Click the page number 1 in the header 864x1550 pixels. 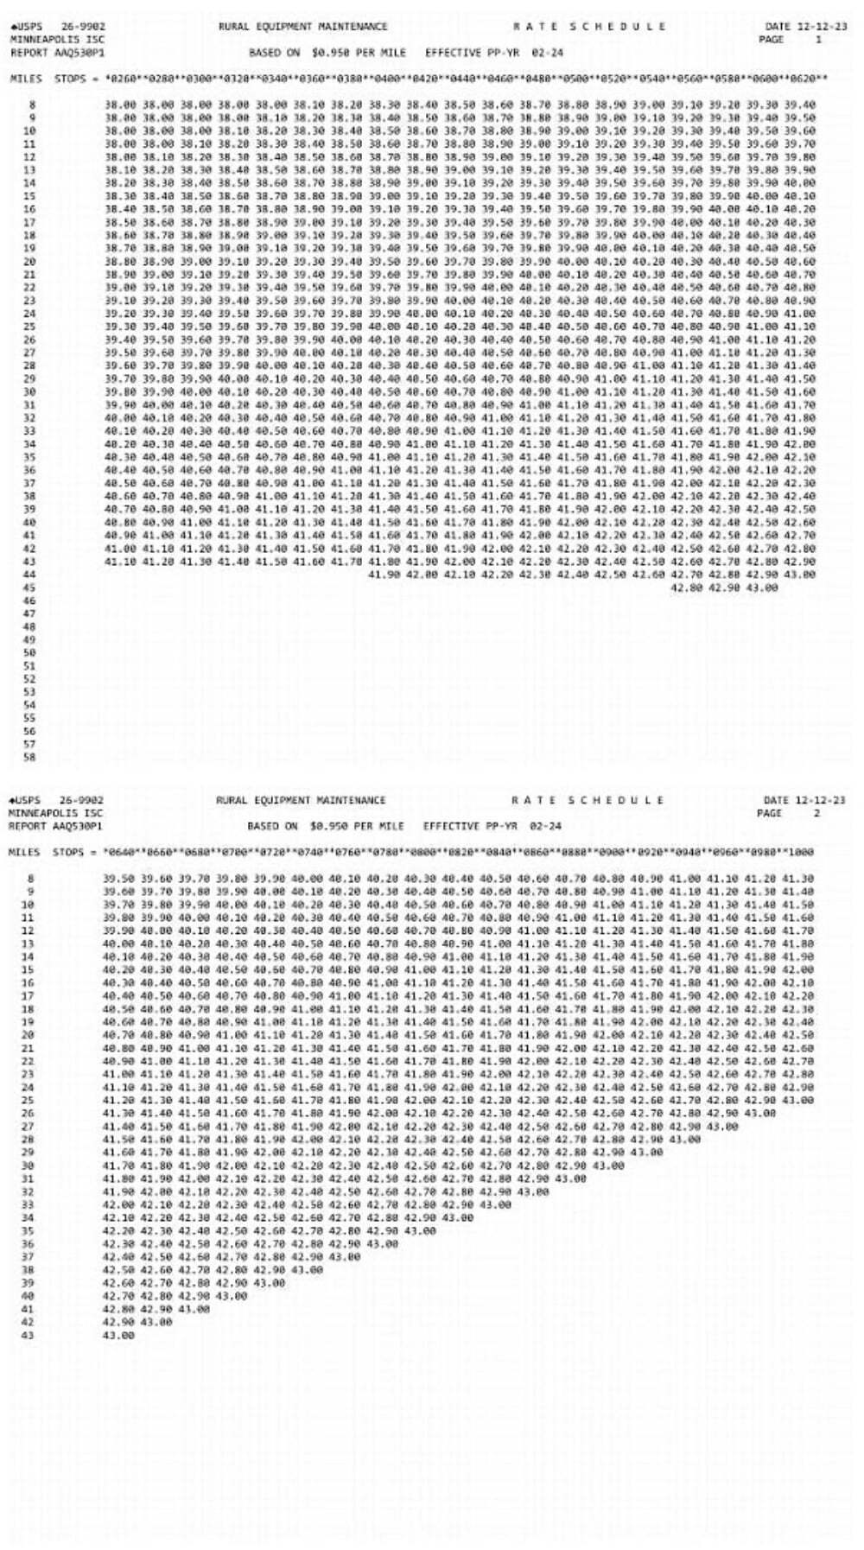pyautogui.click(x=819, y=39)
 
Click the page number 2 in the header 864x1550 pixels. pyautogui.click(x=816, y=813)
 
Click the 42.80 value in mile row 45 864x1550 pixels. pyautogui.click(x=688, y=588)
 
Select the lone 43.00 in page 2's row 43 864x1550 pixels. pyautogui.click(x=119, y=1335)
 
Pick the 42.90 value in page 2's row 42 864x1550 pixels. pyautogui.click(x=119, y=1322)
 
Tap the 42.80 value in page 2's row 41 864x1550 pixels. pyautogui.click(x=119, y=1309)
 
